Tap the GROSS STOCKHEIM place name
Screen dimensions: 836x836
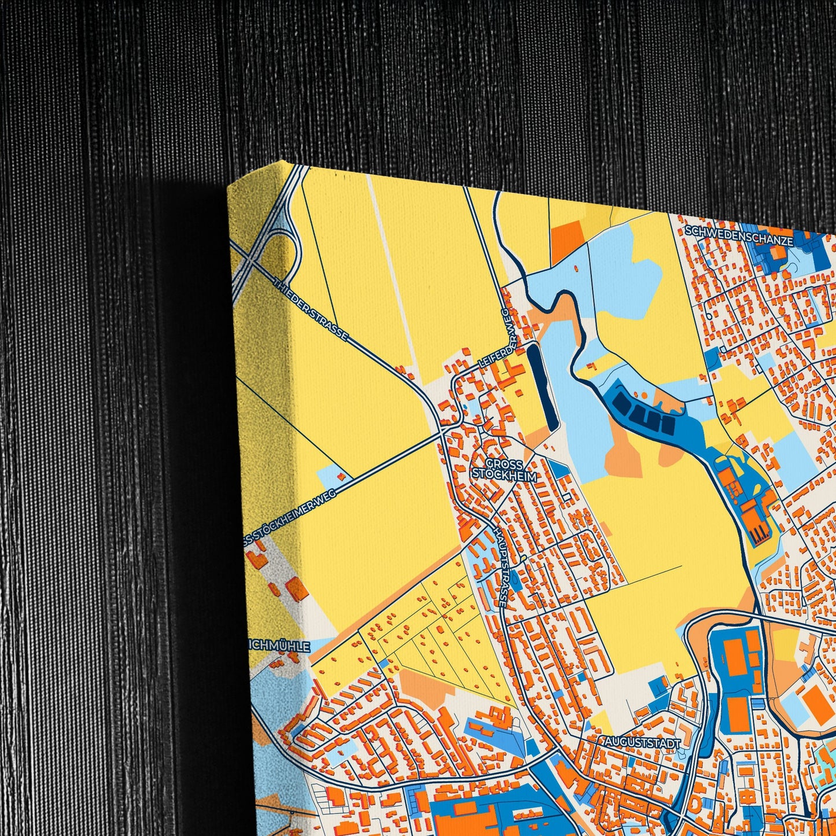click(504, 470)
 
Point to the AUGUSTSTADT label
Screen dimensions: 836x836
click(642, 742)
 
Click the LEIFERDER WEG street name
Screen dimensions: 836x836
click(494, 340)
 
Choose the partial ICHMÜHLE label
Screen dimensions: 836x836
click(280, 646)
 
